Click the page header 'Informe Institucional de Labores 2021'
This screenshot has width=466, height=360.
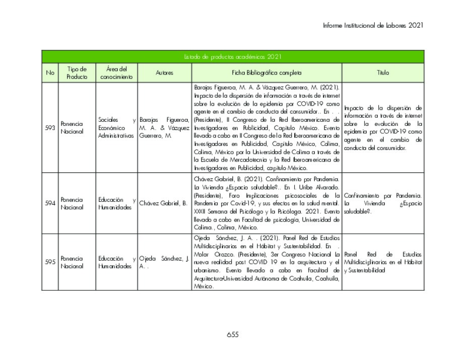click(373, 25)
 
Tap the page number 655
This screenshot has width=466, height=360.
click(232, 334)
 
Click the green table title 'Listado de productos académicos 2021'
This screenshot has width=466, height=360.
click(232, 57)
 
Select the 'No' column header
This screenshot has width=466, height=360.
click(50, 73)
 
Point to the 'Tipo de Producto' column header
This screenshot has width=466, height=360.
click(77, 73)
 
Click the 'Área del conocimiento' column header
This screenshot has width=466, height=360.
click(116, 73)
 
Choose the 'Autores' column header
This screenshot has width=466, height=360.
click(164, 73)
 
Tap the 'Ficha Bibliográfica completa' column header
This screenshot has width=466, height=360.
click(267, 73)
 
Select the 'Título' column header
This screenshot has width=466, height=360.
click(383, 73)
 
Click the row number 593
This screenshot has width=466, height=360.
click(50, 128)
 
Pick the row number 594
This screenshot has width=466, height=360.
click(50, 203)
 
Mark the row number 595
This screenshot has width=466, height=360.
click(50, 262)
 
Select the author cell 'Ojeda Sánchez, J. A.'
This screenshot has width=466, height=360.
click(164, 262)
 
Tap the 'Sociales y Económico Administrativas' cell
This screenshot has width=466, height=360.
click(116, 128)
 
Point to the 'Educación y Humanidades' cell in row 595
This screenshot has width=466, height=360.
click(116, 262)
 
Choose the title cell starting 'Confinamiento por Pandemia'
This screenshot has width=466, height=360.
click(383, 203)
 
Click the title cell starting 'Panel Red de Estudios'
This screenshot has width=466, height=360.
click(383, 262)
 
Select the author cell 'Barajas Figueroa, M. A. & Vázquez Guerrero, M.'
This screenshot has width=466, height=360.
click(164, 128)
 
